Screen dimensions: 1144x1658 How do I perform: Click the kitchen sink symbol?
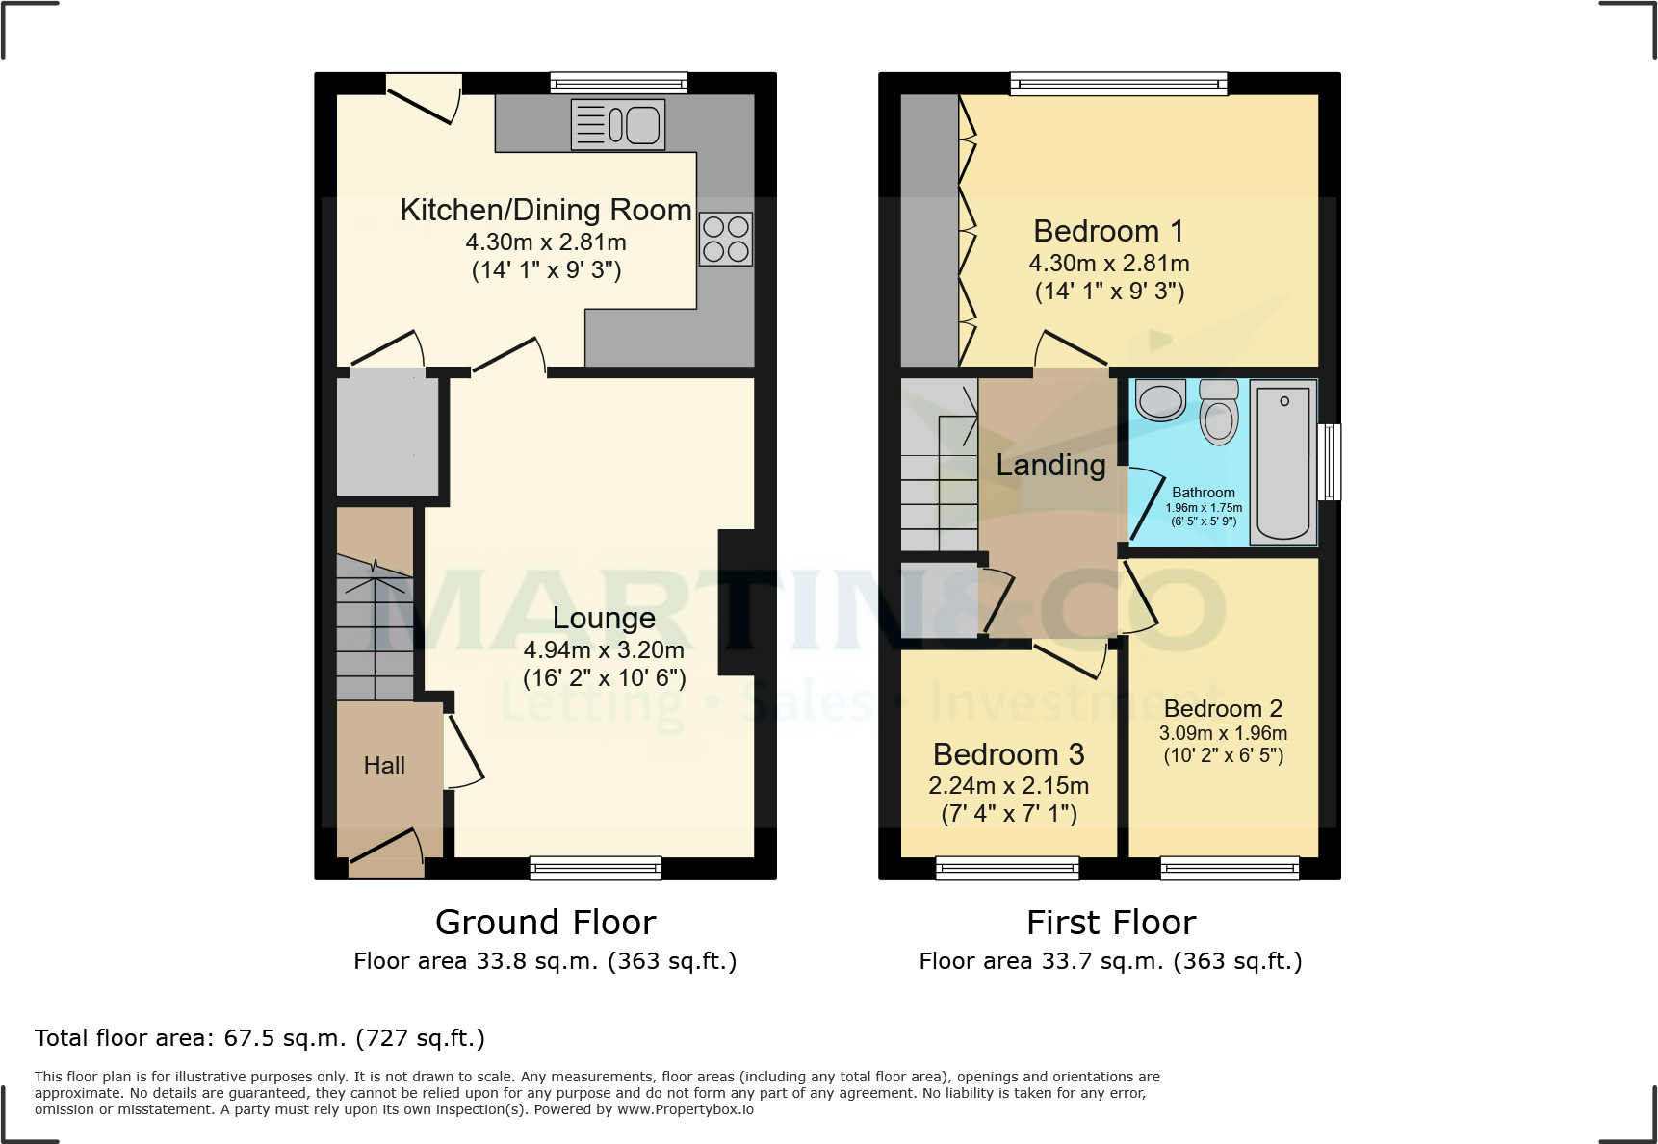tap(618, 125)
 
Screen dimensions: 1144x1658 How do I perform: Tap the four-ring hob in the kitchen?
tap(725, 239)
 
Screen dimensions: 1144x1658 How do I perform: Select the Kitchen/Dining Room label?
tap(545, 210)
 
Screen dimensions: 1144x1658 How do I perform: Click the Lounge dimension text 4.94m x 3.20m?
tap(604, 649)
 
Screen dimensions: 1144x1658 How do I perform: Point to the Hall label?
tap(384, 765)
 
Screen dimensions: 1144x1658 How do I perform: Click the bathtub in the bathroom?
tap(1283, 462)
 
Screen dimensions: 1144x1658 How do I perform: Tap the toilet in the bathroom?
tap(1219, 414)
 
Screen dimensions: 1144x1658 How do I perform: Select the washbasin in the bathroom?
tap(1160, 399)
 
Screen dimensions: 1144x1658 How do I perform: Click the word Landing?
tap(1050, 465)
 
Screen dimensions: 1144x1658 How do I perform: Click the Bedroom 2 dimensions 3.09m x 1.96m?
tap(1223, 733)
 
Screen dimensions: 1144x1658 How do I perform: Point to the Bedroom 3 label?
tap(1008, 753)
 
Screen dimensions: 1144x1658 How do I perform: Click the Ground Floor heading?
tap(545, 922)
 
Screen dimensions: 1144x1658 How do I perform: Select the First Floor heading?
tap(1110, 922)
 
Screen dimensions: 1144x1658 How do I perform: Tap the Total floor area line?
tap(260, 1038)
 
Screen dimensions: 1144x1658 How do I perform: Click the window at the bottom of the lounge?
tap(595, 868)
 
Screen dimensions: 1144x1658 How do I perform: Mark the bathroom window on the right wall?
tap(1329, 462)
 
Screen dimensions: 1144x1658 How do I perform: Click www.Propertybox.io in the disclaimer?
tap(685, 1109)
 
